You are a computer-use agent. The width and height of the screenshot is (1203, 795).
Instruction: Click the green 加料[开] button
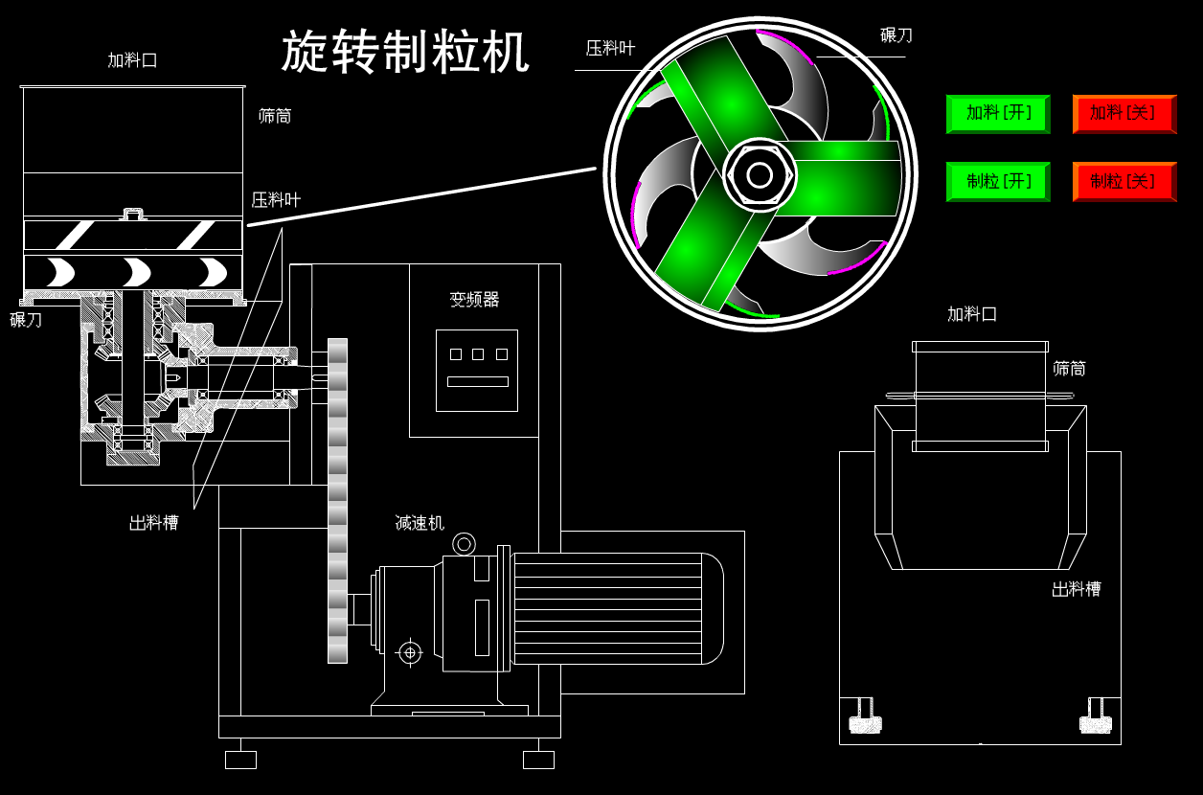click(998, 113)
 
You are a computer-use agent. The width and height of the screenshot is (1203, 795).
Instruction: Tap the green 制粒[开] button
click(998, 181)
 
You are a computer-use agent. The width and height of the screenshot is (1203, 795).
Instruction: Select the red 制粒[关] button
click(1124, 181)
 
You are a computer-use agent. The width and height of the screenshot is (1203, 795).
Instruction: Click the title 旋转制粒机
click(405, 52)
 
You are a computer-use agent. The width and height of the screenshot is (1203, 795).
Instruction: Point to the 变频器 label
click(474, 300)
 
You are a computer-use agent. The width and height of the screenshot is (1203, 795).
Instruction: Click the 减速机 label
click(420, 523)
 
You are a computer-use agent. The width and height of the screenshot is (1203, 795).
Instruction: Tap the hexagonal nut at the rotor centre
click(760, 175)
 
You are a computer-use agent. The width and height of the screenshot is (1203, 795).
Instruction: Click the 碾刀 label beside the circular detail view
click(896, 35)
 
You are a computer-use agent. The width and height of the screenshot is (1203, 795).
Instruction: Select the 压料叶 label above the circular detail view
click(610, 48)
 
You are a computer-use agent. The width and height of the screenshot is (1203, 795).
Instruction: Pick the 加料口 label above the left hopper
click(132, 60)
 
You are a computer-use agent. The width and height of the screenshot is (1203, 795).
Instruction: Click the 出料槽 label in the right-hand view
click(1076, 589)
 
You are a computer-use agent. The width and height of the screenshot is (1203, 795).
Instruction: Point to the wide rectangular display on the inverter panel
click(477, 381)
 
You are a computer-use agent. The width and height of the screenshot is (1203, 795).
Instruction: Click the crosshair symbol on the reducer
click(410, 652)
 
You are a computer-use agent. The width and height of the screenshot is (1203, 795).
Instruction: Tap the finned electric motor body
click(613, 608)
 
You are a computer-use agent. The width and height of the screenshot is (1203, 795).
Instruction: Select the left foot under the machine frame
click(240, 760)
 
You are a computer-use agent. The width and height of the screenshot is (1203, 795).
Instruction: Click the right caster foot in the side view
click(1096, 719)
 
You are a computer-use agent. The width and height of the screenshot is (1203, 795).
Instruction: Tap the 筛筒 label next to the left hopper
click(275, 116)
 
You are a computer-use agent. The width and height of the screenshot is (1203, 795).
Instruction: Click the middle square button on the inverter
click(478, 354)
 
